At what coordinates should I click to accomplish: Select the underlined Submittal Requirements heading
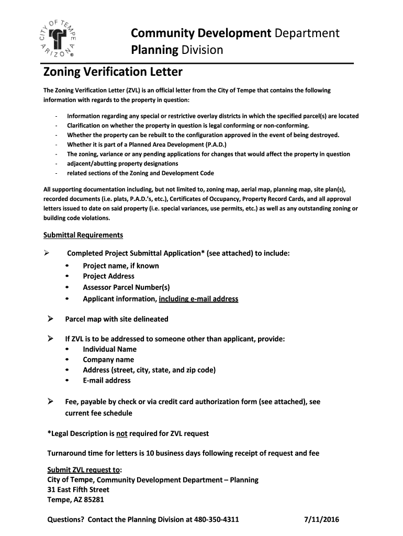83,234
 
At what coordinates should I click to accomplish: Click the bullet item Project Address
108,276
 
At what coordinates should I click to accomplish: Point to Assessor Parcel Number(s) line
126,287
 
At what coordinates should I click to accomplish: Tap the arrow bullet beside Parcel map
51,318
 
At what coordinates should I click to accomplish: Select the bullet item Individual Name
109,349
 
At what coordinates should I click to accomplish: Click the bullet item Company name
108,360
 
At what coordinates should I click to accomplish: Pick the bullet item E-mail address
107,381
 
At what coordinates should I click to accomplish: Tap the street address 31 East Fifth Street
79,489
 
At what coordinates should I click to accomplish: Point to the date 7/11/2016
322,520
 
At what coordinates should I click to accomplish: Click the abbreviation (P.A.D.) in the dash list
213,144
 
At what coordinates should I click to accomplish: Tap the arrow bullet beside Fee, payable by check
51,401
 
